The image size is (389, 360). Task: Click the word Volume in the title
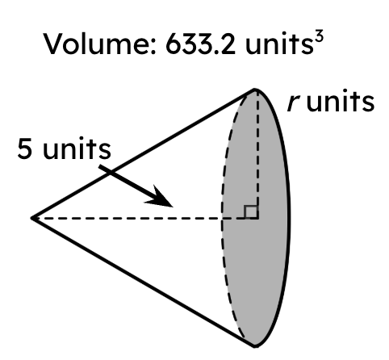coord(99,44)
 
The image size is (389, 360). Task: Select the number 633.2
coord(200,44)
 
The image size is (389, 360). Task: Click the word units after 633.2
coord(278,44)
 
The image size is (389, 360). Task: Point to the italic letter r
coord(294,103)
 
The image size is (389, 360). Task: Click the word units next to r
coord(341,101)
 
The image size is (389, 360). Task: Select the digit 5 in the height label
coord(25,149)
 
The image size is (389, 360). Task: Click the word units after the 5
coord(77,149)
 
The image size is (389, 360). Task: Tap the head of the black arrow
coord(160,197)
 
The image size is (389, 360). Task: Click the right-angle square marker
coord(251,211)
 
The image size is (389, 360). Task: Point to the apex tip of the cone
coord(31,218)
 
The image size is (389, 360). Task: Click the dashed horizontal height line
coord(145,218)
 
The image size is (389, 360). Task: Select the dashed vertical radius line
coord(257,154)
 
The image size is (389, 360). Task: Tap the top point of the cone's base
coord(255,90)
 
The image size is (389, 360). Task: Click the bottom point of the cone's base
coord(255,346)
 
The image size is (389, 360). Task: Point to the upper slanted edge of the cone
coord(143,153)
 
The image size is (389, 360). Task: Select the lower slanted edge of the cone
coord(143,283)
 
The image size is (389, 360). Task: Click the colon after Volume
coord(154,47)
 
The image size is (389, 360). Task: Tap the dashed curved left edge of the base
coord(222,218)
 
